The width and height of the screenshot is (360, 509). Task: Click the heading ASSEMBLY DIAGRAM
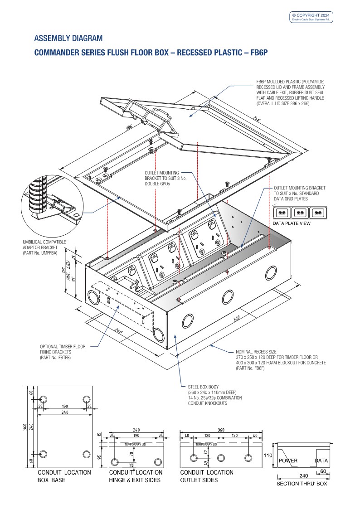68,38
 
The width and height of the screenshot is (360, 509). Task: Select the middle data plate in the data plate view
299,212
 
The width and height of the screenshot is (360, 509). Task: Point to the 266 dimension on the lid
257,120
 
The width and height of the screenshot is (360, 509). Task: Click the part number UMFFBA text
40,252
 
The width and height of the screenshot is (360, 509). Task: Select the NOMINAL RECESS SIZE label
256,352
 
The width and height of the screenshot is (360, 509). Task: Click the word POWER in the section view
288,461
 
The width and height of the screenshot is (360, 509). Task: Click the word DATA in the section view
321,461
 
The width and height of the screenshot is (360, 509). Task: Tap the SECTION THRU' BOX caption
302,483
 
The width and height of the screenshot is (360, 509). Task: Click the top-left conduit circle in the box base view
44,399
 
